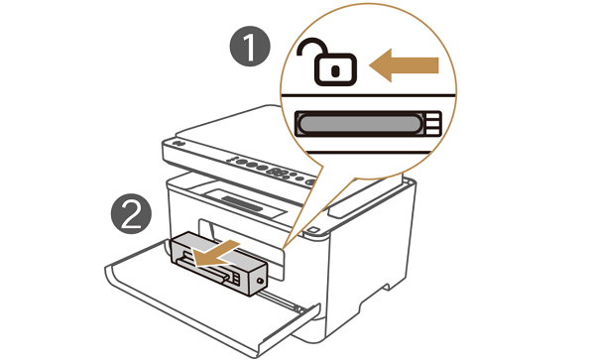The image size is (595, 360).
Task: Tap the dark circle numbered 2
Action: click(131, 213)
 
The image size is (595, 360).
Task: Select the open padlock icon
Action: click(326, 61)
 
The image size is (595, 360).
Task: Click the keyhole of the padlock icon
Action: click(335, 70)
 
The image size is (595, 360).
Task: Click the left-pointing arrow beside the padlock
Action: click(404, 65)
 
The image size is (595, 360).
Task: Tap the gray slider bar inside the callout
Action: click(360, 124)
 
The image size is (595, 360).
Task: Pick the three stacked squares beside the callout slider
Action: click(433, 124)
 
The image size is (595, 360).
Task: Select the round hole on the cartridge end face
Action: click(260, 281)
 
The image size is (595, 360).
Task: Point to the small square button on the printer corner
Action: click(312, 230)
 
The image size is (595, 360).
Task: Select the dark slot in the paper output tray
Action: click(242, 203)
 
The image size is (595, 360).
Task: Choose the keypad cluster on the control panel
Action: click(280, 172)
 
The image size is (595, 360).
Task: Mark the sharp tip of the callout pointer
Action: click(284, 249)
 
